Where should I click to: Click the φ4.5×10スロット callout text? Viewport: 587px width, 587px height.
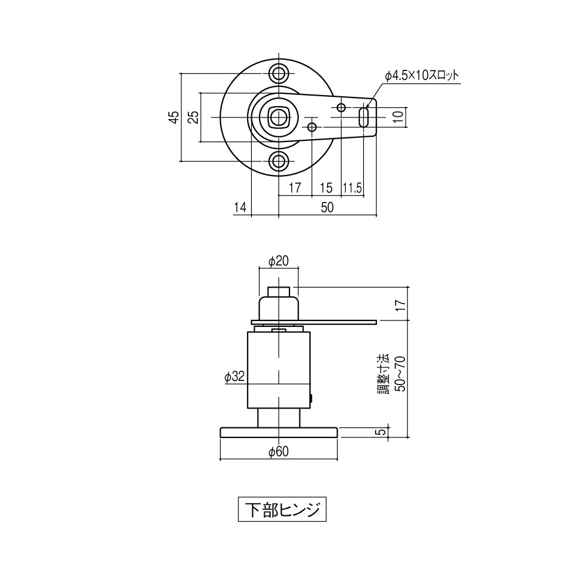click(x=421, y=76)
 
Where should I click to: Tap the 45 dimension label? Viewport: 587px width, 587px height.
click(x=173, y=117)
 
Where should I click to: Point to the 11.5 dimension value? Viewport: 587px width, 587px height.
click(x=352, y=188)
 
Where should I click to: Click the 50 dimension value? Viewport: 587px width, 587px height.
click(x=326, y=207)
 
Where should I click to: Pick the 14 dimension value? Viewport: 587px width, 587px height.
click(x=239, y=207)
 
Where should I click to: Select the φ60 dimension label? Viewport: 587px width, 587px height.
click(x=278, y=451)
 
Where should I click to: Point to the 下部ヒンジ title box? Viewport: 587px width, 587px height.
click(x=281, y=510)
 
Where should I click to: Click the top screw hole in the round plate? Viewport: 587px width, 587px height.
click(x=279, y=73)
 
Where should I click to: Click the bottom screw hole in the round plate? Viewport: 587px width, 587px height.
click(x=279, y=161)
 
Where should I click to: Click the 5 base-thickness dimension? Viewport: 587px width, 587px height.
click(x=382, y=432)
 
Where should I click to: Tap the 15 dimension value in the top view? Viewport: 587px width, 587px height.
click(x=326, y=188)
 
